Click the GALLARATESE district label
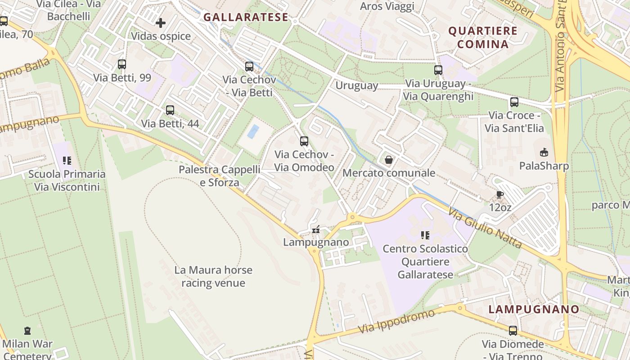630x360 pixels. point(246,17)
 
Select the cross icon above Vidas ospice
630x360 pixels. point(161,22)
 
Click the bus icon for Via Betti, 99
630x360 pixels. point(121,64)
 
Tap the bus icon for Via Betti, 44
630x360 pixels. point(170,110)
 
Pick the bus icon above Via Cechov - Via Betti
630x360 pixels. point(249,67)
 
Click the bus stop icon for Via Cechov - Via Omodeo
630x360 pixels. point(304,141)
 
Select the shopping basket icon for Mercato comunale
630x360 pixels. point(389,160)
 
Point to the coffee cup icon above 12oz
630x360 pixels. point(499,194)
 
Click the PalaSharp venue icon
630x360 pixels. point(544,152)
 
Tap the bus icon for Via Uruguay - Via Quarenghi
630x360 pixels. point(438,70)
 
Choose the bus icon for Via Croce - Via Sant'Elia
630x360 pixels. point(514,102)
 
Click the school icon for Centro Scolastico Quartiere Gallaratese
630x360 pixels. point(425,235)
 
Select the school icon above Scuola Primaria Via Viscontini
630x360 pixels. point(67,161)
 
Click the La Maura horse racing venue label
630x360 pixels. point(213,276)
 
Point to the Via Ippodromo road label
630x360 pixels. point(396,321)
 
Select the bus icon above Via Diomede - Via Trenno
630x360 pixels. point(513,331)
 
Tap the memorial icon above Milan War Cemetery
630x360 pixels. point(27,331)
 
